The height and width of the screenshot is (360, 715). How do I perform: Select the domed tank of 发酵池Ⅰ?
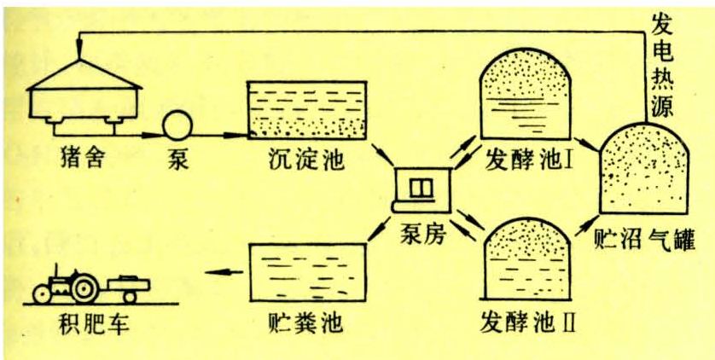(525, 94)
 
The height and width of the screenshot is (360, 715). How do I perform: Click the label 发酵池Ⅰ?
(529, 159)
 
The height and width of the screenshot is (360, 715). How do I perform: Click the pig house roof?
(82, 74)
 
